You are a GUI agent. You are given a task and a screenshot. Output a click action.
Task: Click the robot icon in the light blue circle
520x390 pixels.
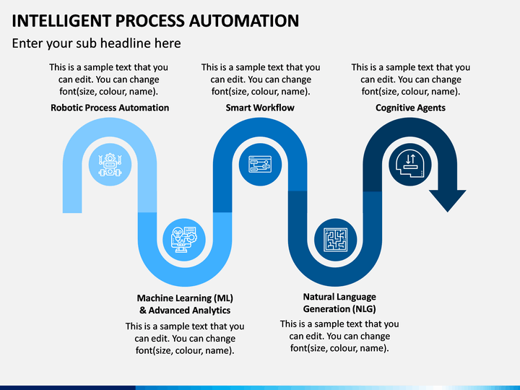coord(110,165)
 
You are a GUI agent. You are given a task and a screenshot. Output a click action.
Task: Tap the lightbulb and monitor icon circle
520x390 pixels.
coord(184,240)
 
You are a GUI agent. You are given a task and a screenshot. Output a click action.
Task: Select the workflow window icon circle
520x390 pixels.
coord(260,165)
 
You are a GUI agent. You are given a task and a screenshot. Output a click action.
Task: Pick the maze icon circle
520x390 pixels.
coord(336,240)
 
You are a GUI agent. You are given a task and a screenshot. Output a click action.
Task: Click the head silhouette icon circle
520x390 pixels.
coord(410,165)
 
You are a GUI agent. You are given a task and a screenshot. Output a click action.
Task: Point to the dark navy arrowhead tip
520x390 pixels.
coord(448,212)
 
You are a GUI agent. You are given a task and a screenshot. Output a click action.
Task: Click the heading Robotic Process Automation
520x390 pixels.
coord(110,108)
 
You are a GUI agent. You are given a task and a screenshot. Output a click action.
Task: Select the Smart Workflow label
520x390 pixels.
coord(260,108)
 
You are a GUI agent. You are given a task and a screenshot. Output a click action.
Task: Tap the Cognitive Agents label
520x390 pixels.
coord(410,108)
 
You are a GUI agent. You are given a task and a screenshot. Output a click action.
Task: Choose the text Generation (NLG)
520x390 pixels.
coord(339,309)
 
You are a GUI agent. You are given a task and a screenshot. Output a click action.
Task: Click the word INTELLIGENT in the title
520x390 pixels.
coord(61,20)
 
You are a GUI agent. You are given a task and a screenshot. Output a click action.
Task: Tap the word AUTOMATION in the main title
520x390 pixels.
coord(244,20)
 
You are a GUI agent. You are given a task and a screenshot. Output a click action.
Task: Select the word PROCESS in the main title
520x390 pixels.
coord(149,20)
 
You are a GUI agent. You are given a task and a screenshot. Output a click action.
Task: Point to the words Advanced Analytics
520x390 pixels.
coord(189,311)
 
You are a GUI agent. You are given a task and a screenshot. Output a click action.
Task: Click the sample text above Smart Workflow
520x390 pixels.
coord(261,79)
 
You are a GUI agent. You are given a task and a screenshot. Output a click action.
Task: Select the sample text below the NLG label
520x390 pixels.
coord(339,336)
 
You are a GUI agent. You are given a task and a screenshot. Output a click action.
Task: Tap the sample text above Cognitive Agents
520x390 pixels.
coord(411,79)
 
